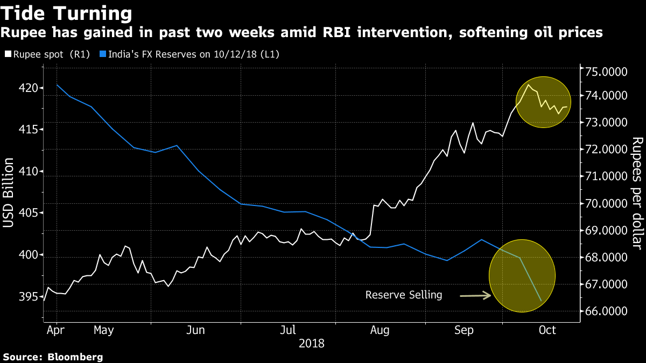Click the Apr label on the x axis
point(56,330)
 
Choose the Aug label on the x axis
point(380,330)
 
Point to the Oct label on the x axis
point(547,330)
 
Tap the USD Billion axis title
point(10,196)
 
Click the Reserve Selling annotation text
point(403,295)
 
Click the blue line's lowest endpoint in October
point(540,300)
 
